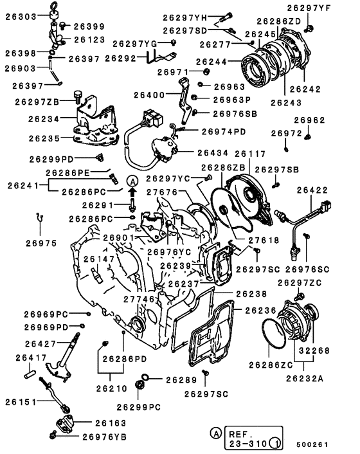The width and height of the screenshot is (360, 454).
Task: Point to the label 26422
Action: point(332,190)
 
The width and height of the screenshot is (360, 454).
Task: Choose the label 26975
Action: point(41,243)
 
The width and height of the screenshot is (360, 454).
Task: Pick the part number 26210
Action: point(113,388)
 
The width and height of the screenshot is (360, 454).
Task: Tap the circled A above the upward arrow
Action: point(132,182)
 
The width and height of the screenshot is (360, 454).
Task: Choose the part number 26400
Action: point(154,95)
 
